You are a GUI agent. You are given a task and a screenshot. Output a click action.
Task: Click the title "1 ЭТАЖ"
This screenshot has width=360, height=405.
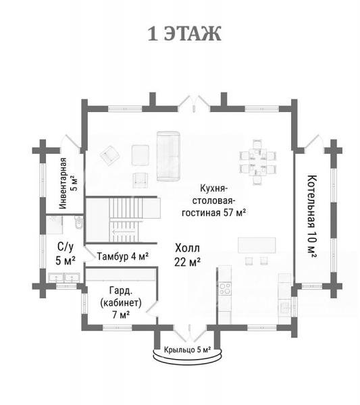pos(184,34)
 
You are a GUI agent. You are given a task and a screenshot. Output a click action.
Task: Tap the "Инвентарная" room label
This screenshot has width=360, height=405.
pos(63,183)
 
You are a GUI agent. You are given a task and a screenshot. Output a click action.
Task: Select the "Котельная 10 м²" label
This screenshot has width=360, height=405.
pos(312,217)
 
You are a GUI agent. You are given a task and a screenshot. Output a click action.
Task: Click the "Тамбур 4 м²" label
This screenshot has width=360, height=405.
pos(123,256)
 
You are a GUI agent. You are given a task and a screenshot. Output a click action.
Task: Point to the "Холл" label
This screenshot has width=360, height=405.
pos(187,248)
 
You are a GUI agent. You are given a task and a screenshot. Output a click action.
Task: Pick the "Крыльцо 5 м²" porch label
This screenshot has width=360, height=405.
pos(187,350)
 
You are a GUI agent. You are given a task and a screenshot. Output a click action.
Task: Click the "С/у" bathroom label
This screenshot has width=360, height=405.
pos(66,247)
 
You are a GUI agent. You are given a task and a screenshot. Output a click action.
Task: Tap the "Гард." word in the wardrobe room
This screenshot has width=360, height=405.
pos(121,290)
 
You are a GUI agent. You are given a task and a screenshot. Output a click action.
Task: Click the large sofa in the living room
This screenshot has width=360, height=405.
pos(168,156)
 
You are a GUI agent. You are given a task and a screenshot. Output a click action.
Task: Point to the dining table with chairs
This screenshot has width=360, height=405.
pos(258,162)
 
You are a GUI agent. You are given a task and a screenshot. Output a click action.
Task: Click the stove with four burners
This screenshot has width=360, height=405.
pos(225,288)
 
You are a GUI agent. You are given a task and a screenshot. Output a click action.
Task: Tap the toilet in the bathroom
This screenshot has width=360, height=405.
pos(79,223)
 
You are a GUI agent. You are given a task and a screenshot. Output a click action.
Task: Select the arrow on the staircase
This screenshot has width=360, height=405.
pos(124,232)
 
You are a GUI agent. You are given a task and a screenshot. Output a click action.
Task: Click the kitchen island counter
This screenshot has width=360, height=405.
pos(257,245)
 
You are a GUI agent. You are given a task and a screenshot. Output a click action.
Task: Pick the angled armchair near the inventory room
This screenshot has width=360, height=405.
pos(110,155)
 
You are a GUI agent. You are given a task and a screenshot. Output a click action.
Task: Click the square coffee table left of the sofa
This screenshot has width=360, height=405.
pos(140,155)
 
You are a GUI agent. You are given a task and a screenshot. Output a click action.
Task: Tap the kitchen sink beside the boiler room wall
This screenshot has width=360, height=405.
pos(284,308)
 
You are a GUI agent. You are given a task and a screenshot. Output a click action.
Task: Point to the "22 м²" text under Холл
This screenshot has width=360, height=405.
pos(187,262)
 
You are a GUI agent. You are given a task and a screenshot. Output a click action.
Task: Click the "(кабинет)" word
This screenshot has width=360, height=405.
pos(121,302)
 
